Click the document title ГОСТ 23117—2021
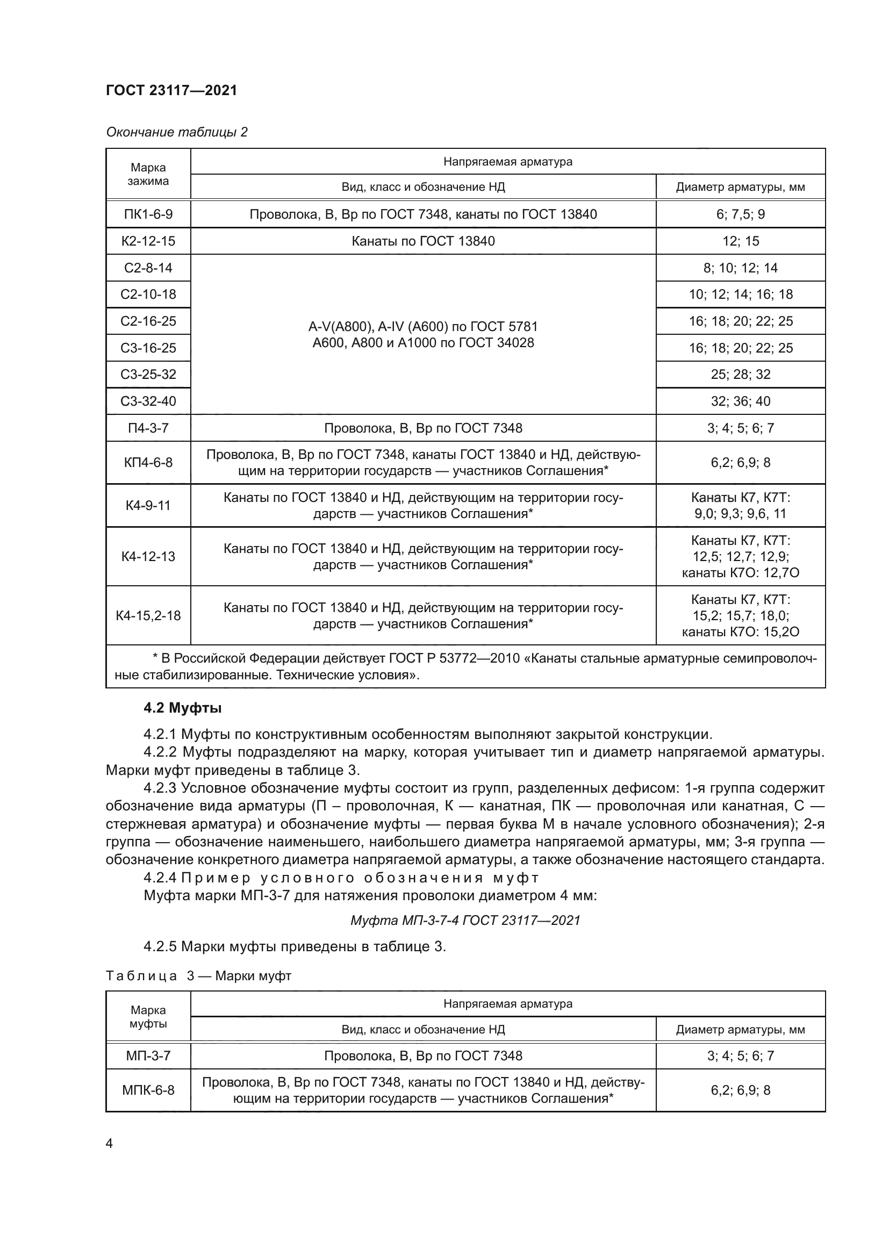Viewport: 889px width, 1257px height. [171, 90]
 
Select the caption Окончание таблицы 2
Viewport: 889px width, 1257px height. [177, 132]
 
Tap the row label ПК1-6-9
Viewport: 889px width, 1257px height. [148, 214]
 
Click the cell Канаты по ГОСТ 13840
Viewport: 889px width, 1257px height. [422, 241]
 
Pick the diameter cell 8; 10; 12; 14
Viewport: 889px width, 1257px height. [740, 268]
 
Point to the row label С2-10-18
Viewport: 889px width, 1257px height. [148, 295]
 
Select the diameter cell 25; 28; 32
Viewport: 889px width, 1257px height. [740, 375]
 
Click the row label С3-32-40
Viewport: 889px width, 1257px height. [148, 401]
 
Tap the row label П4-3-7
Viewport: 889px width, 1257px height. [148, 428]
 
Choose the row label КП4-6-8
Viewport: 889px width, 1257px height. [148, 463]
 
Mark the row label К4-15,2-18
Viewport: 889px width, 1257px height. [148, 616]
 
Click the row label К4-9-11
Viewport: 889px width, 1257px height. [148, 505]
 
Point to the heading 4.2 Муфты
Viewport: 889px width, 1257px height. [182, 708]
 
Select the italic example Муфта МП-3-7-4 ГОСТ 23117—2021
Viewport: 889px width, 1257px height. [465, 920]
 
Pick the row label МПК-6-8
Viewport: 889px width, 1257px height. [148, 1090]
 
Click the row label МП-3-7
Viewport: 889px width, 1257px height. [148, 1055]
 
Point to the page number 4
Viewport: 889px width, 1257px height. [109, 1143]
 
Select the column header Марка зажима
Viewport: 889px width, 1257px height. [148, 174]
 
